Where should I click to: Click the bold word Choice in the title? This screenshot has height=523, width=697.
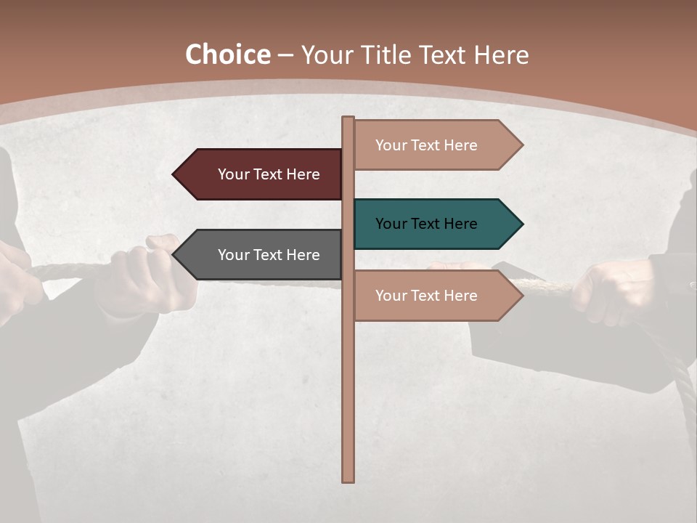tap(227, 55)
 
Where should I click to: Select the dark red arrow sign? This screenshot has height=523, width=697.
tap(261, 174)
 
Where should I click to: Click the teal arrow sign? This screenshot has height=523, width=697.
tap(436, 224)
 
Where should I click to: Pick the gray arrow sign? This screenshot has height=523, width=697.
tap(261, 255)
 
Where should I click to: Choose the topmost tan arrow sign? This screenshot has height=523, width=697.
tap(436, 145)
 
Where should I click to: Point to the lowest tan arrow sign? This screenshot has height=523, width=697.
tap(436, 296)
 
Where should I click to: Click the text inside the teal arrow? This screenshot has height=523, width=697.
tap(426, 224)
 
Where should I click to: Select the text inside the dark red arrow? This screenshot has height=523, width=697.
tap(269, 174)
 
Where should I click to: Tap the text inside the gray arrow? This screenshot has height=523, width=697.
tap(269, 255)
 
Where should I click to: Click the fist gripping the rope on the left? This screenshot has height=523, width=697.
tap(145, 272)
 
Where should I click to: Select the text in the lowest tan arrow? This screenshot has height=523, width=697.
tap(426, 296)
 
